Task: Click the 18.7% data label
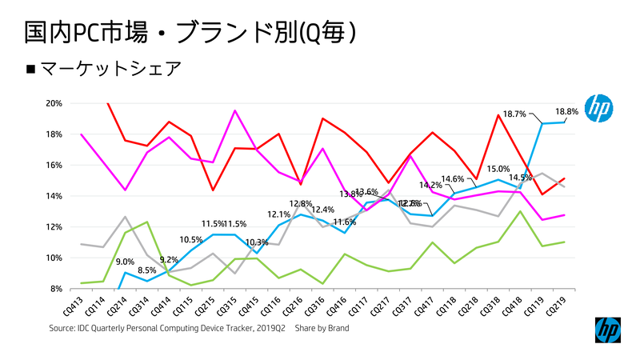pos(514,114)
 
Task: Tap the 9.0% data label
pos(125,262)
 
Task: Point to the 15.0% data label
pos(498,169)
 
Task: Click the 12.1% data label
pos(278,214)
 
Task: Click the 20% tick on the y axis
pos(54,103)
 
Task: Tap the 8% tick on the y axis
pos(56,289)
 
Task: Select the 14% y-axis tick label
pos(54,196)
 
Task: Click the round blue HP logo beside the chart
pos(599,108)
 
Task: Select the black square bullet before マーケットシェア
pos(31,70)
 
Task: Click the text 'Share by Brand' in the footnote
pos(322,328)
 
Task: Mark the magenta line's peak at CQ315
pos(234,110)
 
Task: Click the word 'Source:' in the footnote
pos(62,328)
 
